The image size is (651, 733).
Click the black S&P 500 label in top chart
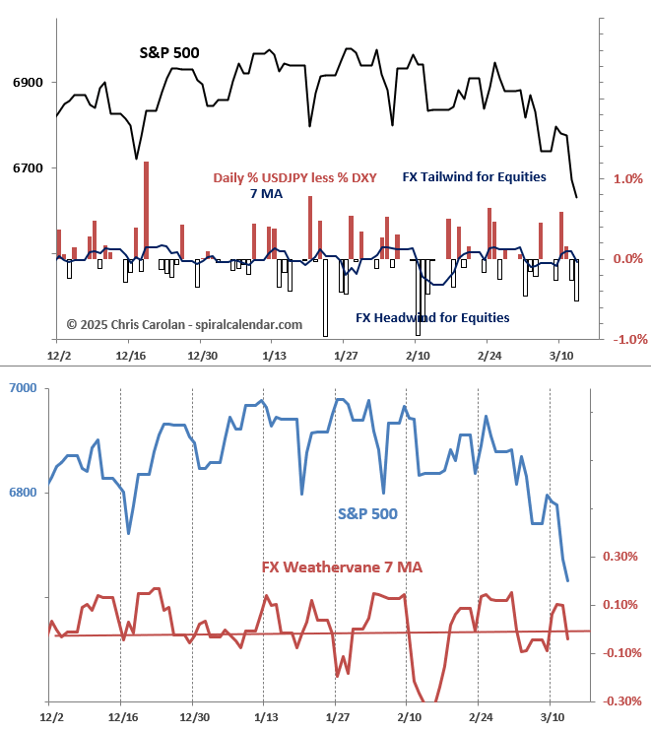(x=169, y=53)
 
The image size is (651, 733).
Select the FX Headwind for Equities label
(x=432, y=318)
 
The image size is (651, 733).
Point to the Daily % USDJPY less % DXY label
(x=295, y=178)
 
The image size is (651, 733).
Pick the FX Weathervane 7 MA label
(x=342, y=566)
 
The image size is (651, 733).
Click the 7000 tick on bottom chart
(x=23, y=388)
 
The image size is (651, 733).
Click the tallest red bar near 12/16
(x=147, y=208)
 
